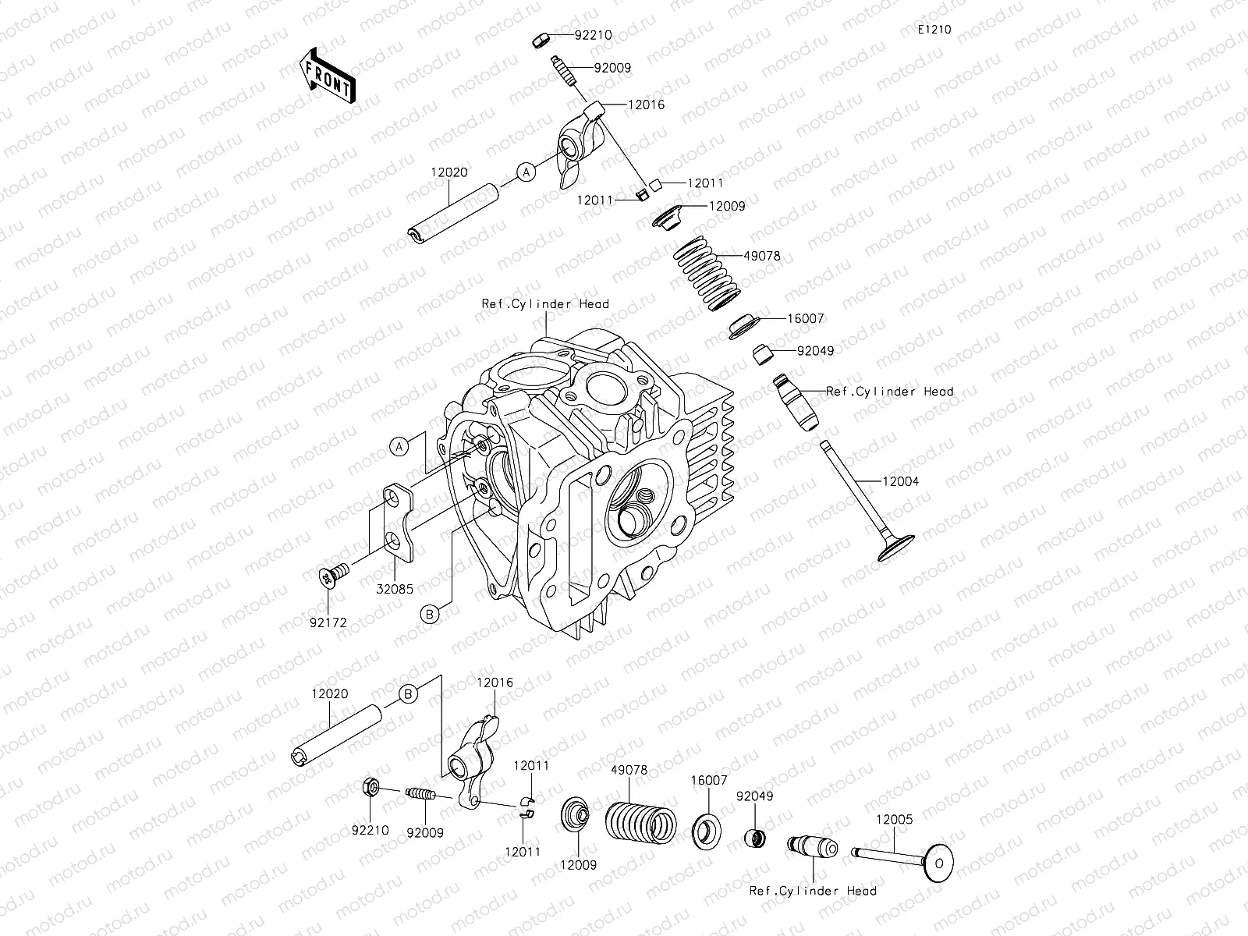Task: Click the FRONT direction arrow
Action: point(327,76)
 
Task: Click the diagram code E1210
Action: point(934,30)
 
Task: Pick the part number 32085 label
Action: point(395,590)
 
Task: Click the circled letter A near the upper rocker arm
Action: point(526,172)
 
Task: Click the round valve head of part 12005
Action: point(938,863)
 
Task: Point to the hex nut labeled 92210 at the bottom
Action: point(372,789)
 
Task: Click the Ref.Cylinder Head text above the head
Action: point(544,303)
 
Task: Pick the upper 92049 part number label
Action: point(815,351)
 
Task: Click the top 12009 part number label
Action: point(726,207)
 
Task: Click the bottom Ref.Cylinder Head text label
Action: point(812,891)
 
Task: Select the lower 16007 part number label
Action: point(708,779)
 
